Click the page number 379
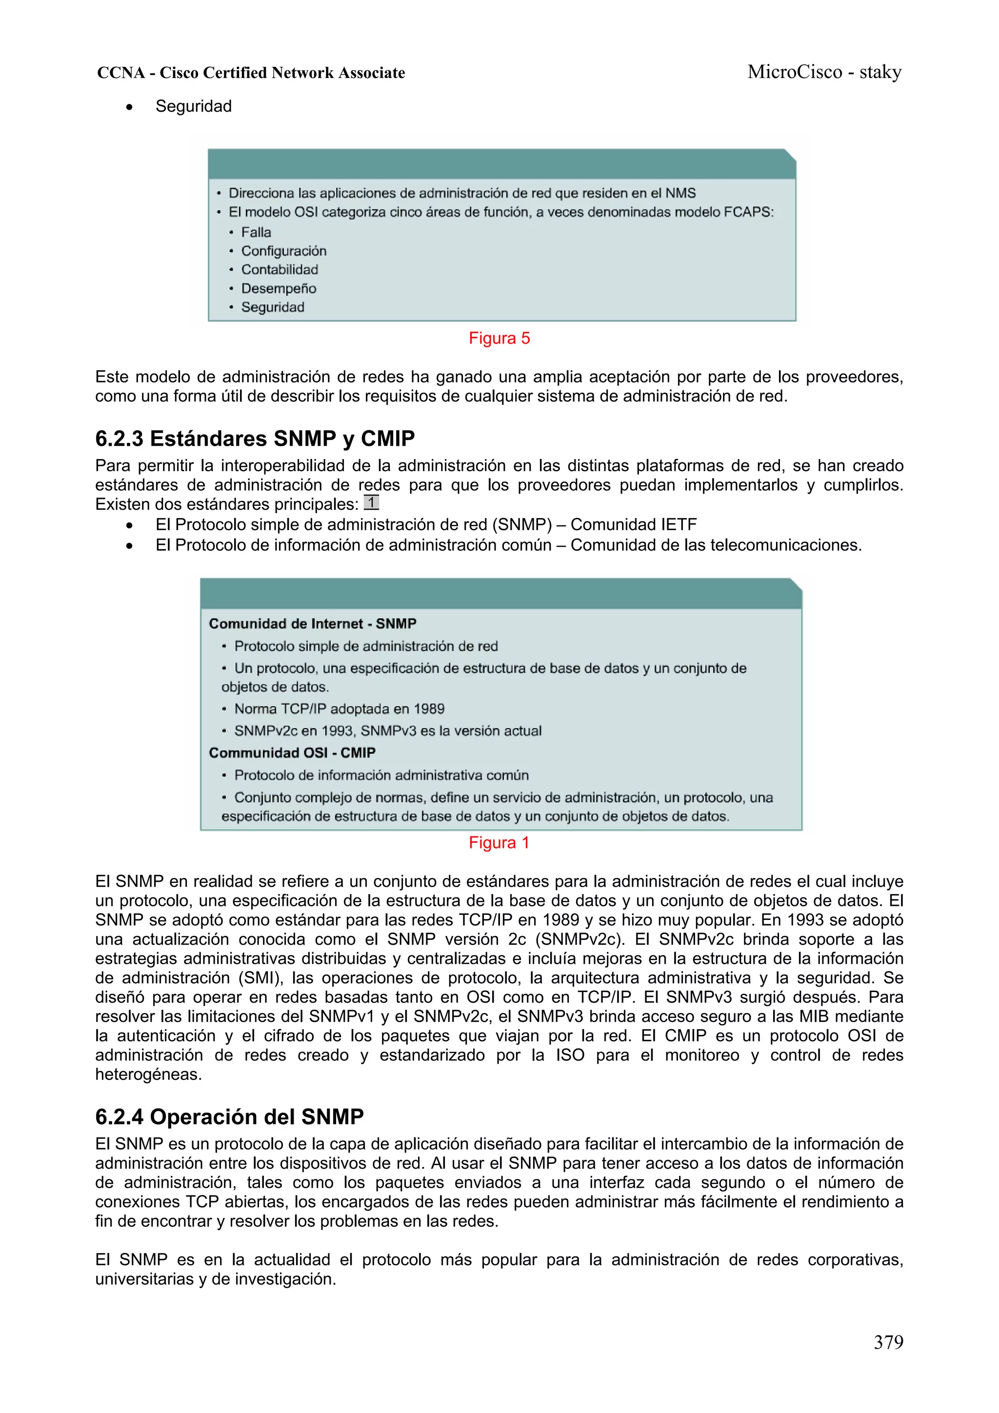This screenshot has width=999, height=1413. pos(888,1342)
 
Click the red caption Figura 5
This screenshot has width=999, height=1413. pos(499,338)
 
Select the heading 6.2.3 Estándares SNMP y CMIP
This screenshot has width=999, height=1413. pos(254,439)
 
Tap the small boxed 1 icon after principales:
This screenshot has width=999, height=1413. pos(371,502)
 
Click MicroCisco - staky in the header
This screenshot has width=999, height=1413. pos(824,72)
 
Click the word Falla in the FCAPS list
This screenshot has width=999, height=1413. pos(256,233)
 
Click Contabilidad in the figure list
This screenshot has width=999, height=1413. pos(280,270)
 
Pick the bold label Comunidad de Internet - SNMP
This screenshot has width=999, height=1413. pos(312,623)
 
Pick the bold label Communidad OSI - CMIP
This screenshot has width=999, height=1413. pos(292,753)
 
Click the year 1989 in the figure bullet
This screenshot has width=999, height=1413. pos(429,709)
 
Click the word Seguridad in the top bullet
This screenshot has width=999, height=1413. pos(193,106)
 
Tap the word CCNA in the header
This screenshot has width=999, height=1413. pos(120,73)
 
